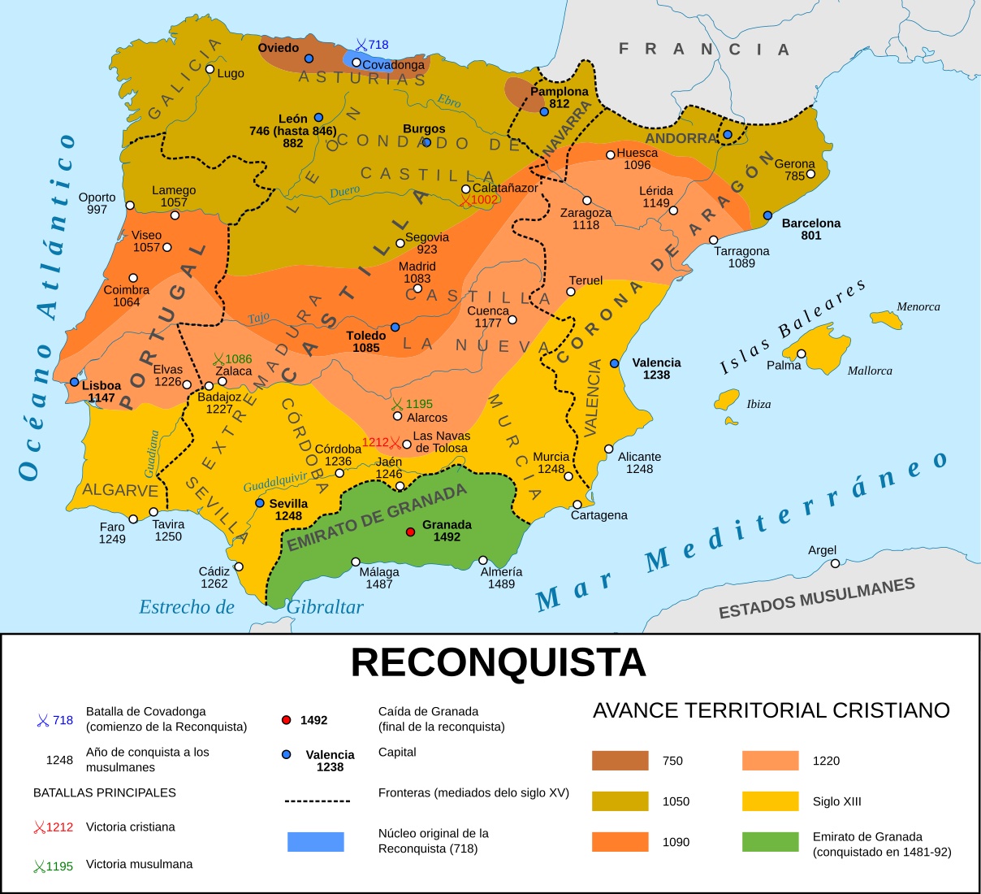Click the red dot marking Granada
pos(411,532)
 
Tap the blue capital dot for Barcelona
pos(767,215)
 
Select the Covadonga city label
pos(393,65)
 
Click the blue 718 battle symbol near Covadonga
pos(361,46)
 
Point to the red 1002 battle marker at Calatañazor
pos(465,200)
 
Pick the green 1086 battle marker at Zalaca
pos(218,359)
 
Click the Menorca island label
pos(918,306)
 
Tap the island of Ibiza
pos(727,401)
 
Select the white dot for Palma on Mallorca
pos(802,354)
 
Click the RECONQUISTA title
pos(498,663)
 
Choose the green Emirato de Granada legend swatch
pos(770,842)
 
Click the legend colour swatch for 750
pos(620,761)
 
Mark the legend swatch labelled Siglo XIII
pos(770,801)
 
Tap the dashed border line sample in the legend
pos(317,801)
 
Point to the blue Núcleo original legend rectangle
pos(315,842)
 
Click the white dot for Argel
pos(835,563)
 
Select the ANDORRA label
pos(681,138)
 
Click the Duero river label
pos(344,193)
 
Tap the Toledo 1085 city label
pos(365,341)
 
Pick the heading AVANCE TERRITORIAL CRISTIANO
pos(771,710)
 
